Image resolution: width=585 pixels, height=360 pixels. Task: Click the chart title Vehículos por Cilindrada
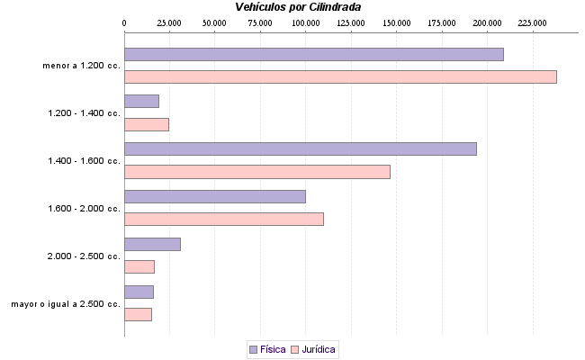coord(298,6)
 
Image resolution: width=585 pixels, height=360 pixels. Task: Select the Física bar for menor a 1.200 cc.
coord(313,54)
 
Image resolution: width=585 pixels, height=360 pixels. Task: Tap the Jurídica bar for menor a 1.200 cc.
coord(340,76)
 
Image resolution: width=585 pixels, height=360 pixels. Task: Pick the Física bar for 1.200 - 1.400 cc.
coord(141,102)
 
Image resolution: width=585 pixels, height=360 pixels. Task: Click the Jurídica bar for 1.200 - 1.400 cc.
coord(146,124)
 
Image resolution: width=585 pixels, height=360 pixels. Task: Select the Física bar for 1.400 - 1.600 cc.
coord(300,148)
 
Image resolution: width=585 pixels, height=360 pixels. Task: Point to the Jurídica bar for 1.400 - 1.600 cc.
coord(256,172)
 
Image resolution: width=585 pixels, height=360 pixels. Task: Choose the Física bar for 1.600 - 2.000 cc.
coord(214,196)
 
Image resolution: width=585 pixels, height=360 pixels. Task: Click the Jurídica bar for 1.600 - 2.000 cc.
coord(223,219)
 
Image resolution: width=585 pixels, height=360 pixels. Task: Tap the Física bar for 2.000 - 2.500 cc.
coord(152,244)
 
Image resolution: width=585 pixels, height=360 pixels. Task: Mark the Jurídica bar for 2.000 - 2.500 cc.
coord(139,266)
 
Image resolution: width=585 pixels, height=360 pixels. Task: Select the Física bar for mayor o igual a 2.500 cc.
coord(139,292)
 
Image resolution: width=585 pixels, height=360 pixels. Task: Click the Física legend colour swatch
coord(253,349)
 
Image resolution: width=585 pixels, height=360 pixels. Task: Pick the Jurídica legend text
coord(319,349)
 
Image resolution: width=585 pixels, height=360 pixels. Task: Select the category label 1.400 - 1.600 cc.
coord(83,161)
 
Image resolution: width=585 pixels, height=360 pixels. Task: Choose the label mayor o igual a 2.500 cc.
coord(66,304)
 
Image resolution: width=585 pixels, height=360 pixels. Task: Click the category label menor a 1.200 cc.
coord(81,66)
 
